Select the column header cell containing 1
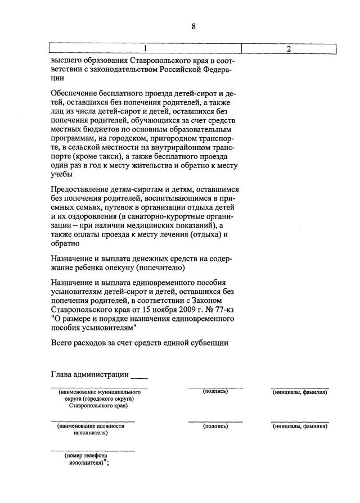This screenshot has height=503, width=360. point(145,49)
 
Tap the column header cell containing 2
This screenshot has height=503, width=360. point(289,49)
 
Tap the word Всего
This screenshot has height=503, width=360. point(62,342)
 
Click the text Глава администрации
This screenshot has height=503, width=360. point(90,375)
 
